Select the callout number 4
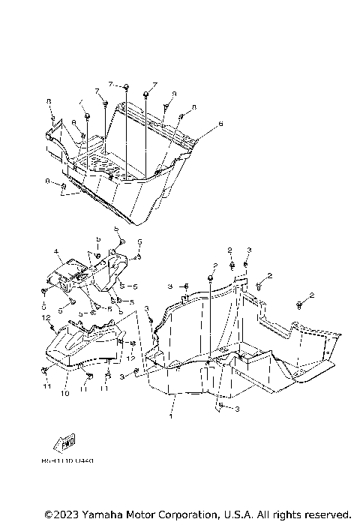point(55,251)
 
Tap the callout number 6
point(220,123)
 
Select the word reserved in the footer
point(327,514)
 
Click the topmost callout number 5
point(116,228)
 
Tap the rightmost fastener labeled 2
point(299,303)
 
